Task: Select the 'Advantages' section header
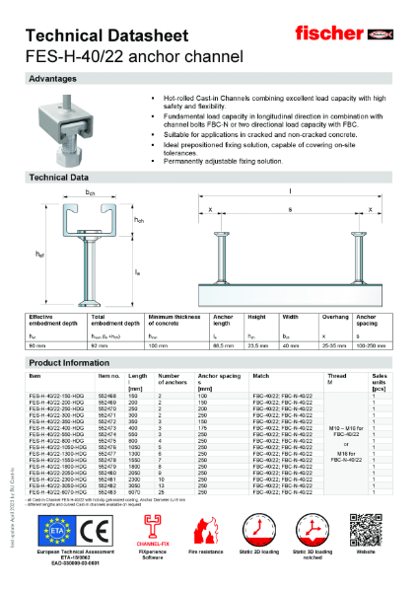tap(54, 77)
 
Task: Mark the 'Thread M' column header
tap(337, 379)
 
